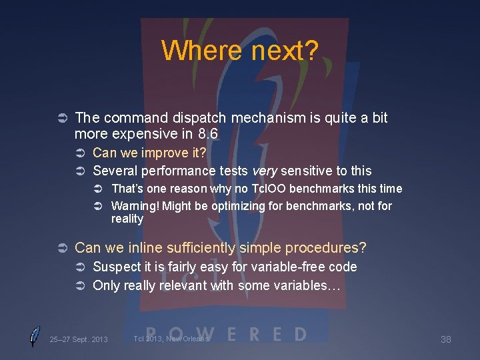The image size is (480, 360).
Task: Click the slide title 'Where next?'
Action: point(240,50)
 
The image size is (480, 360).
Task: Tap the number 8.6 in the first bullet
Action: point(205,134)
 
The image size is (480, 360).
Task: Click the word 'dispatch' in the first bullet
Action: point(199,118)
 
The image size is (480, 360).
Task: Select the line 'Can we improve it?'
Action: point(149,153)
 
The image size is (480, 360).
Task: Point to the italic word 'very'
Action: point(264,171)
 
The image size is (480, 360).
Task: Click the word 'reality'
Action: point(127,219)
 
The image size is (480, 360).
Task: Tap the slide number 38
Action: point(446,339)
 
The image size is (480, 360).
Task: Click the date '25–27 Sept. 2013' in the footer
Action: point(78,339)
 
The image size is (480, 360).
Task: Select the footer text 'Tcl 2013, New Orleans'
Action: point(171,339)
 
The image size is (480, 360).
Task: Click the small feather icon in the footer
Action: point(34,337)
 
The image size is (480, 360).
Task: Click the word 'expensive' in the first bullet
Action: point(141,134)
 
